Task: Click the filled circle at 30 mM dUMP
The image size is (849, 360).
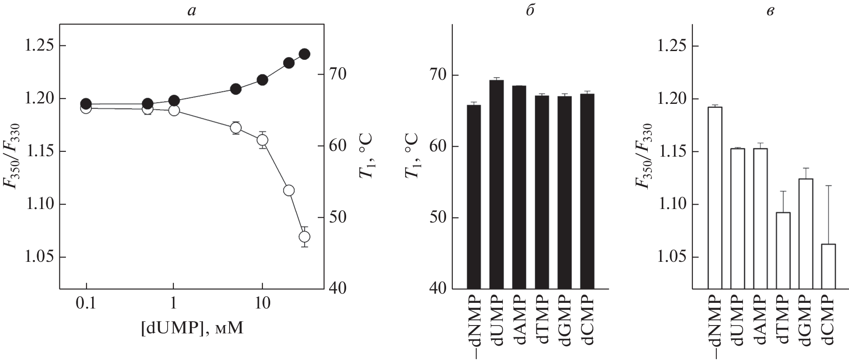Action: coord(304,54)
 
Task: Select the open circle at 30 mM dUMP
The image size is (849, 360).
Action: coord(304,237)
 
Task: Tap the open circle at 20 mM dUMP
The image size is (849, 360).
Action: coord(289,190)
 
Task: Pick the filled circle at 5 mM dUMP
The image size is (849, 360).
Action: coord(236,89)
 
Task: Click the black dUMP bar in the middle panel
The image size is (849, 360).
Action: coord(496,183)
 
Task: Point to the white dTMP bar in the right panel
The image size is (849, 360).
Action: coord(783,250)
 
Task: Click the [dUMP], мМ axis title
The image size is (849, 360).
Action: coord(192,328)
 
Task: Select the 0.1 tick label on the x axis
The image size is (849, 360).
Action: coord(86,303)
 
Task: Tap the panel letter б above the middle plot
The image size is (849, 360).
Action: coord(530,10)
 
